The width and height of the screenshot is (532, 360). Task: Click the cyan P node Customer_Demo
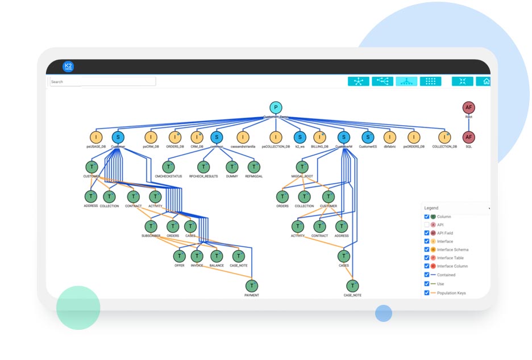275,107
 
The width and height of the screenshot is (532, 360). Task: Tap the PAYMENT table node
252,285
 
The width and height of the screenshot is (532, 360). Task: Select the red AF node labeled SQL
469,137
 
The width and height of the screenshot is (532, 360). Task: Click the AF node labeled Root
469,107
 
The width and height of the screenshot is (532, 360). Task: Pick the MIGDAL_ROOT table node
302,167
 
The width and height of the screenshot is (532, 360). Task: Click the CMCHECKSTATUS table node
168,167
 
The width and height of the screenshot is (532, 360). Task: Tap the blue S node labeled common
216,137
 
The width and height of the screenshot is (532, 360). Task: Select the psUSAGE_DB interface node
96,137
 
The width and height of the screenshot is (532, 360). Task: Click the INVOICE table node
197,256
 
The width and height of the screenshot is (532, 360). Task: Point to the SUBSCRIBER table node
151,226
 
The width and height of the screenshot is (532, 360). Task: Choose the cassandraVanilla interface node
243,137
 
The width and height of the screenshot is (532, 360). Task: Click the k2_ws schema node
300,137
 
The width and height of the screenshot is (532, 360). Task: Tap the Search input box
102,82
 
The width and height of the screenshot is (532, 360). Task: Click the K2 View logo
68,67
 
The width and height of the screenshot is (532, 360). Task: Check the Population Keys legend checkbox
427,293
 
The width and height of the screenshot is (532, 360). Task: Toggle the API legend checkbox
427,225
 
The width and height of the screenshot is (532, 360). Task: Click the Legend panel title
432,208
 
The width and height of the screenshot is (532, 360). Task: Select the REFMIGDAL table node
253,167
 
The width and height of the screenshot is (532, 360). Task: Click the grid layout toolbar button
430,81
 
